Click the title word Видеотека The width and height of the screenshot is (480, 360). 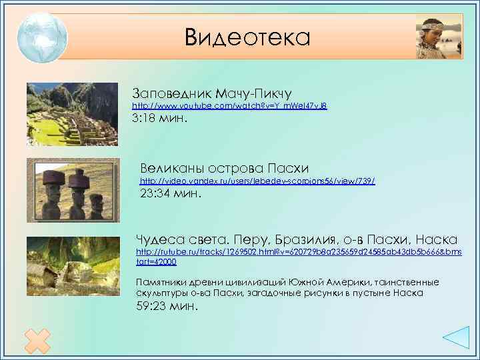pyautogui.click(x=247, y=37)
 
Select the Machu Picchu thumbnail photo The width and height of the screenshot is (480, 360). pyautogui.click(x=71, y=113)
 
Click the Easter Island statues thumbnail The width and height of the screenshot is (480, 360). pyautogui.click(x=73, y=189)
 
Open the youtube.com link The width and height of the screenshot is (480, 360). pyautogui.click(x=229, y=106)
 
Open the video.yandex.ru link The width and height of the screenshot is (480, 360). pyautogui.click(x=257, y=181)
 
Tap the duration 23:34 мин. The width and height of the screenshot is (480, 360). pyautogui.click(x=170, y=196)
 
